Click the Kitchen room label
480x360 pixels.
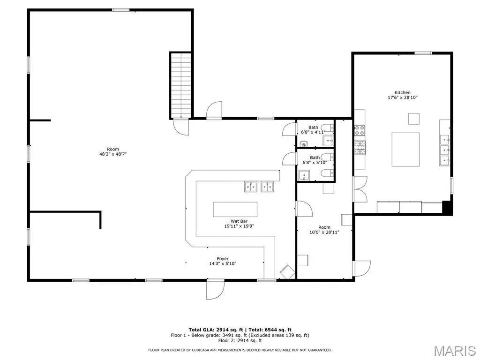402,92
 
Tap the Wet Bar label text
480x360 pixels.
239,221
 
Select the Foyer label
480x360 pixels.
223,259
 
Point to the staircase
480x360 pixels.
181,85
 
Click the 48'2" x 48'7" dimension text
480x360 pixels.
112,154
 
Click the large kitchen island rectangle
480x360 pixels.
405,150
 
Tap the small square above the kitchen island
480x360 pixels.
413,119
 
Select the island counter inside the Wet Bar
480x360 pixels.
235,210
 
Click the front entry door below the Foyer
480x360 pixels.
215,290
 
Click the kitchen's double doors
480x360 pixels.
360,189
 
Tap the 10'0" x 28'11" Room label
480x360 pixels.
324,230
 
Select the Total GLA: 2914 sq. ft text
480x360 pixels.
216,330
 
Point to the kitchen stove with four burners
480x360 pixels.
360,130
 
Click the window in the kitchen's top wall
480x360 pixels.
423,53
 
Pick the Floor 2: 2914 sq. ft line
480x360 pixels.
240,340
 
